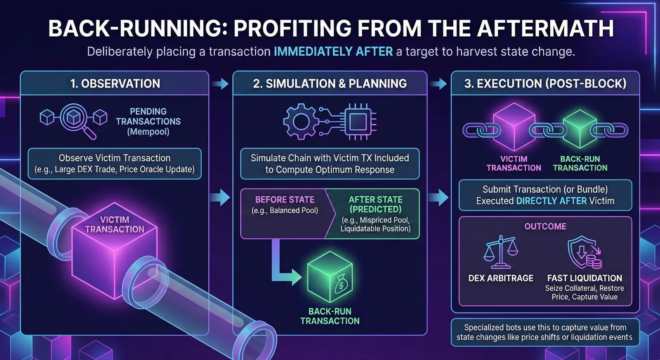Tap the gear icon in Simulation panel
pyautogui.click(x=301, y=121)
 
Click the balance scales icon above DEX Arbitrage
pyautogui.click(x=501, y=252)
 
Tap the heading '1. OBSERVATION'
pyautogui.click(x=115, y=84)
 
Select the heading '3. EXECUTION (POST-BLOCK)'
pyautogui.click(x=545, y=84)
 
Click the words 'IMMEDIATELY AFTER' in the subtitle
pyautogui.click(x=333, y=52)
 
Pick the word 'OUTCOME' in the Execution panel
pyautogui.click(x=545, y=226)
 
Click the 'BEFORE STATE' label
pyautogui.click(x=285, y=200)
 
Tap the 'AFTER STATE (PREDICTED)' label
pyautogui.click(x=375, y=205)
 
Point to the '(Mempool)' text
pyautogui.click(x=148, y=132)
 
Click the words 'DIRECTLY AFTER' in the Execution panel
pyautogui.click(x=552, y=201)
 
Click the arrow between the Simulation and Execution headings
pyautogui.click(x=438, y=84)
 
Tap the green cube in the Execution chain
pyautogui.click(x=580, y=129)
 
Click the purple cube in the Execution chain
pyautogui.click(x=514, y=127)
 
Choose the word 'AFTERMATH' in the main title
pyautogui.click(x=546, y=28)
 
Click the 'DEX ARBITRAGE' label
pyautogui.click(x=501, y=278)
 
